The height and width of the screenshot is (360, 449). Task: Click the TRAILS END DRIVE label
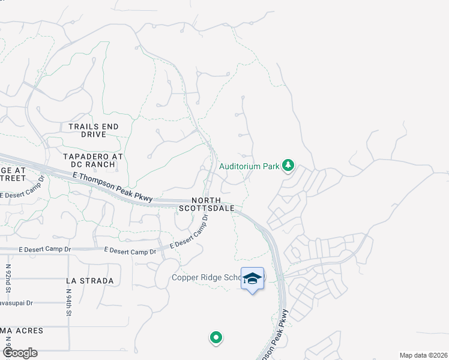[93, 130]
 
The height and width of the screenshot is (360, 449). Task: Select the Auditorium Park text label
[250, 166]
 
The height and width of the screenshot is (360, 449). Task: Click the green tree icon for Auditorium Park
[289, 165]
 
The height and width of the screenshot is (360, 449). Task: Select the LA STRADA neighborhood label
[89, 281]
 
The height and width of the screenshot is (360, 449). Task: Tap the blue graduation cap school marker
[252, 278]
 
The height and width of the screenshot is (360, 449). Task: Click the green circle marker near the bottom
[216, 338]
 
